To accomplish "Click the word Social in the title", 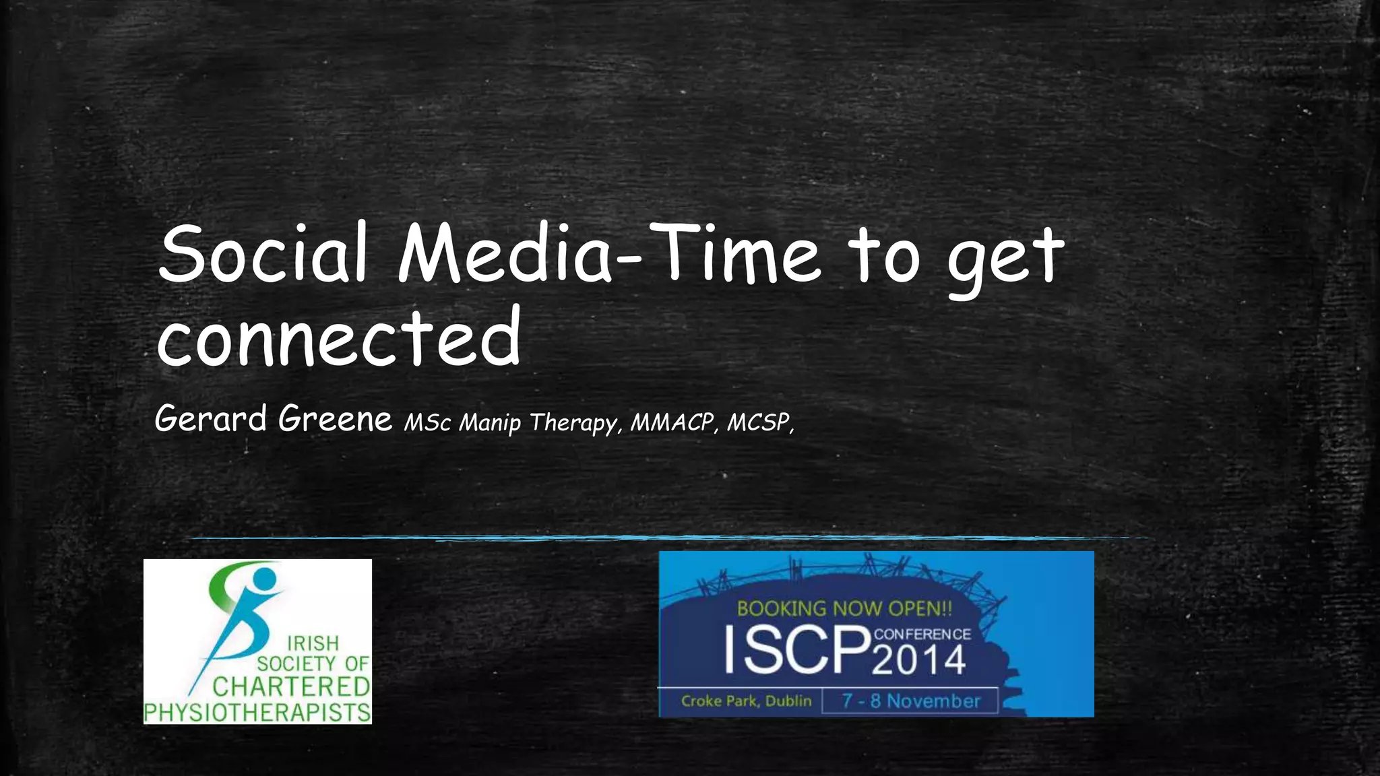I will point(263,255).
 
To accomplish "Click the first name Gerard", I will point(211,419).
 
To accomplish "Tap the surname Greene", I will point(335,419).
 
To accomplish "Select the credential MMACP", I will point(672,422).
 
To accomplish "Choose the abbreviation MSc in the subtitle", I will point(427,423).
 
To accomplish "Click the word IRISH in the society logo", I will point(313,643).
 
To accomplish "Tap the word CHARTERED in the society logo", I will point(291,688).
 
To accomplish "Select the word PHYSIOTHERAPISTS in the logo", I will point(257,713).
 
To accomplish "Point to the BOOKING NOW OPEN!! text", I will point(844,609).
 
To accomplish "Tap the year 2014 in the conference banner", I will point(919,660).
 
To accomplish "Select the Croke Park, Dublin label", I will point(746,701).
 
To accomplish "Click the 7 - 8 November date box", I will point(910,701).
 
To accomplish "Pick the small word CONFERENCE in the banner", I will point(922,634).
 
